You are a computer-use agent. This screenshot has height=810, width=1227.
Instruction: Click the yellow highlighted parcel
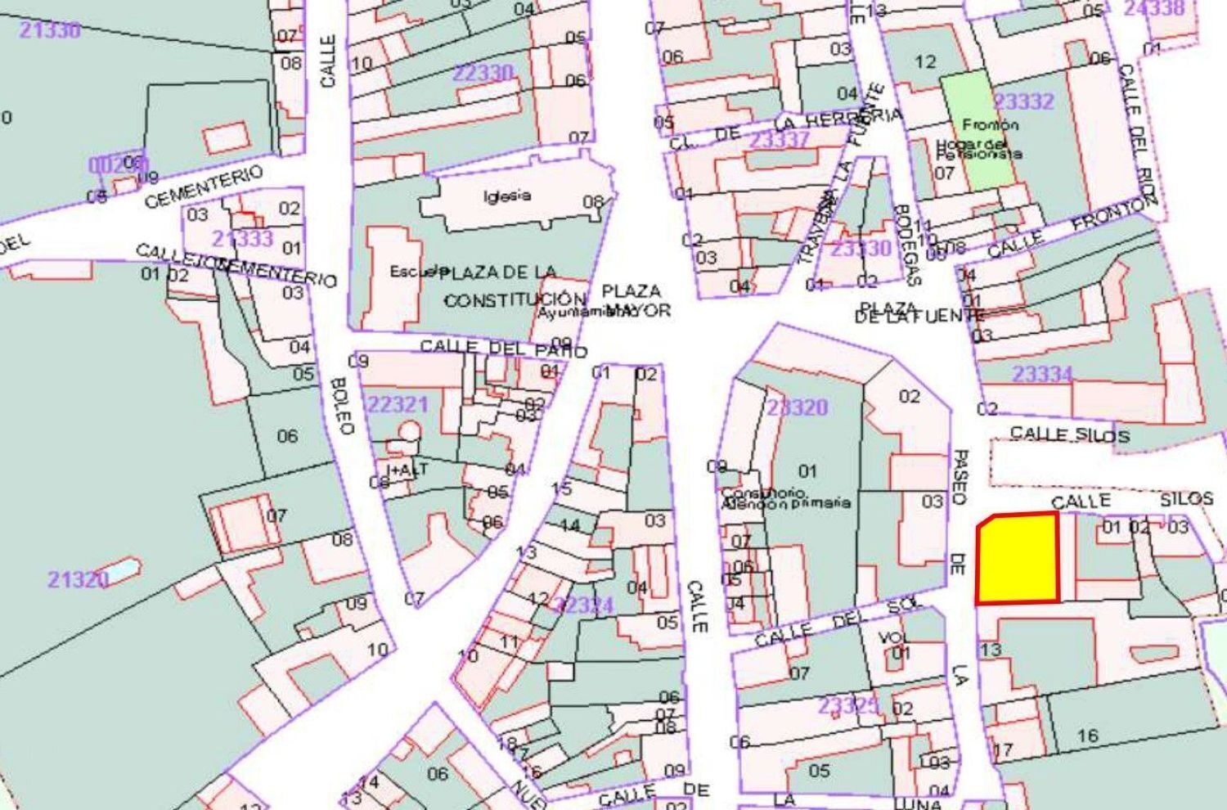pyautogui.click(x=1017, y=560)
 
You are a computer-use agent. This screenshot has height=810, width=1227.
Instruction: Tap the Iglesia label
pyautogui.click(x=507, y=196)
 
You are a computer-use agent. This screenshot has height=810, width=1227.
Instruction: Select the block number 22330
pyautogui.click(x=483, y=74)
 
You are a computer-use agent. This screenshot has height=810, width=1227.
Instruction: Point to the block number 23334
pyautogui.click(x=1042, y=374)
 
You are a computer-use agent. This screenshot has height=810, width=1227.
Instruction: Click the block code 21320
pyautogui.click(x=77, y=580)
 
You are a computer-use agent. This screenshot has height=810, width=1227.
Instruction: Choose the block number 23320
pyautogui.click(x=797, y=407)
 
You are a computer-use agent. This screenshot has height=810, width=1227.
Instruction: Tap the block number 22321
pyautogui.click(x=398, y=404)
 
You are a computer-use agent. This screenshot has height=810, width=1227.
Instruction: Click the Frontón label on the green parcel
pyautogui.click(x=990, y=125)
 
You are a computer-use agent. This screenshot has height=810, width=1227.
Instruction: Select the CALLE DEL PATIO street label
pyautogui.click(x=503, y=348)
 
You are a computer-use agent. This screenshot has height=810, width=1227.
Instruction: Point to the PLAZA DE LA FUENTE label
pyautogui.click(x=909, y=311)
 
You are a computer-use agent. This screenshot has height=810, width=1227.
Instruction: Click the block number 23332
pyautogui.click(x=1023, y=102)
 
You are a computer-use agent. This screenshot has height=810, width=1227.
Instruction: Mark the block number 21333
pyautogui.click(x=242, y=239)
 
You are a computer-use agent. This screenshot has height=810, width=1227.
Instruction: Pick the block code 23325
pyautogui.click(x=848, y=705)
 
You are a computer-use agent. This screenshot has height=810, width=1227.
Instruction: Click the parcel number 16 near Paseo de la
pyautogui.click(x=1087, y=736)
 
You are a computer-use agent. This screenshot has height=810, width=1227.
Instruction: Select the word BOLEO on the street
pyautogui.click(x=343, y=405)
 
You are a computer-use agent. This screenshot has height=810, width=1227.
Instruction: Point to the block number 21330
pyautogui.click(x=50, y=30)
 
